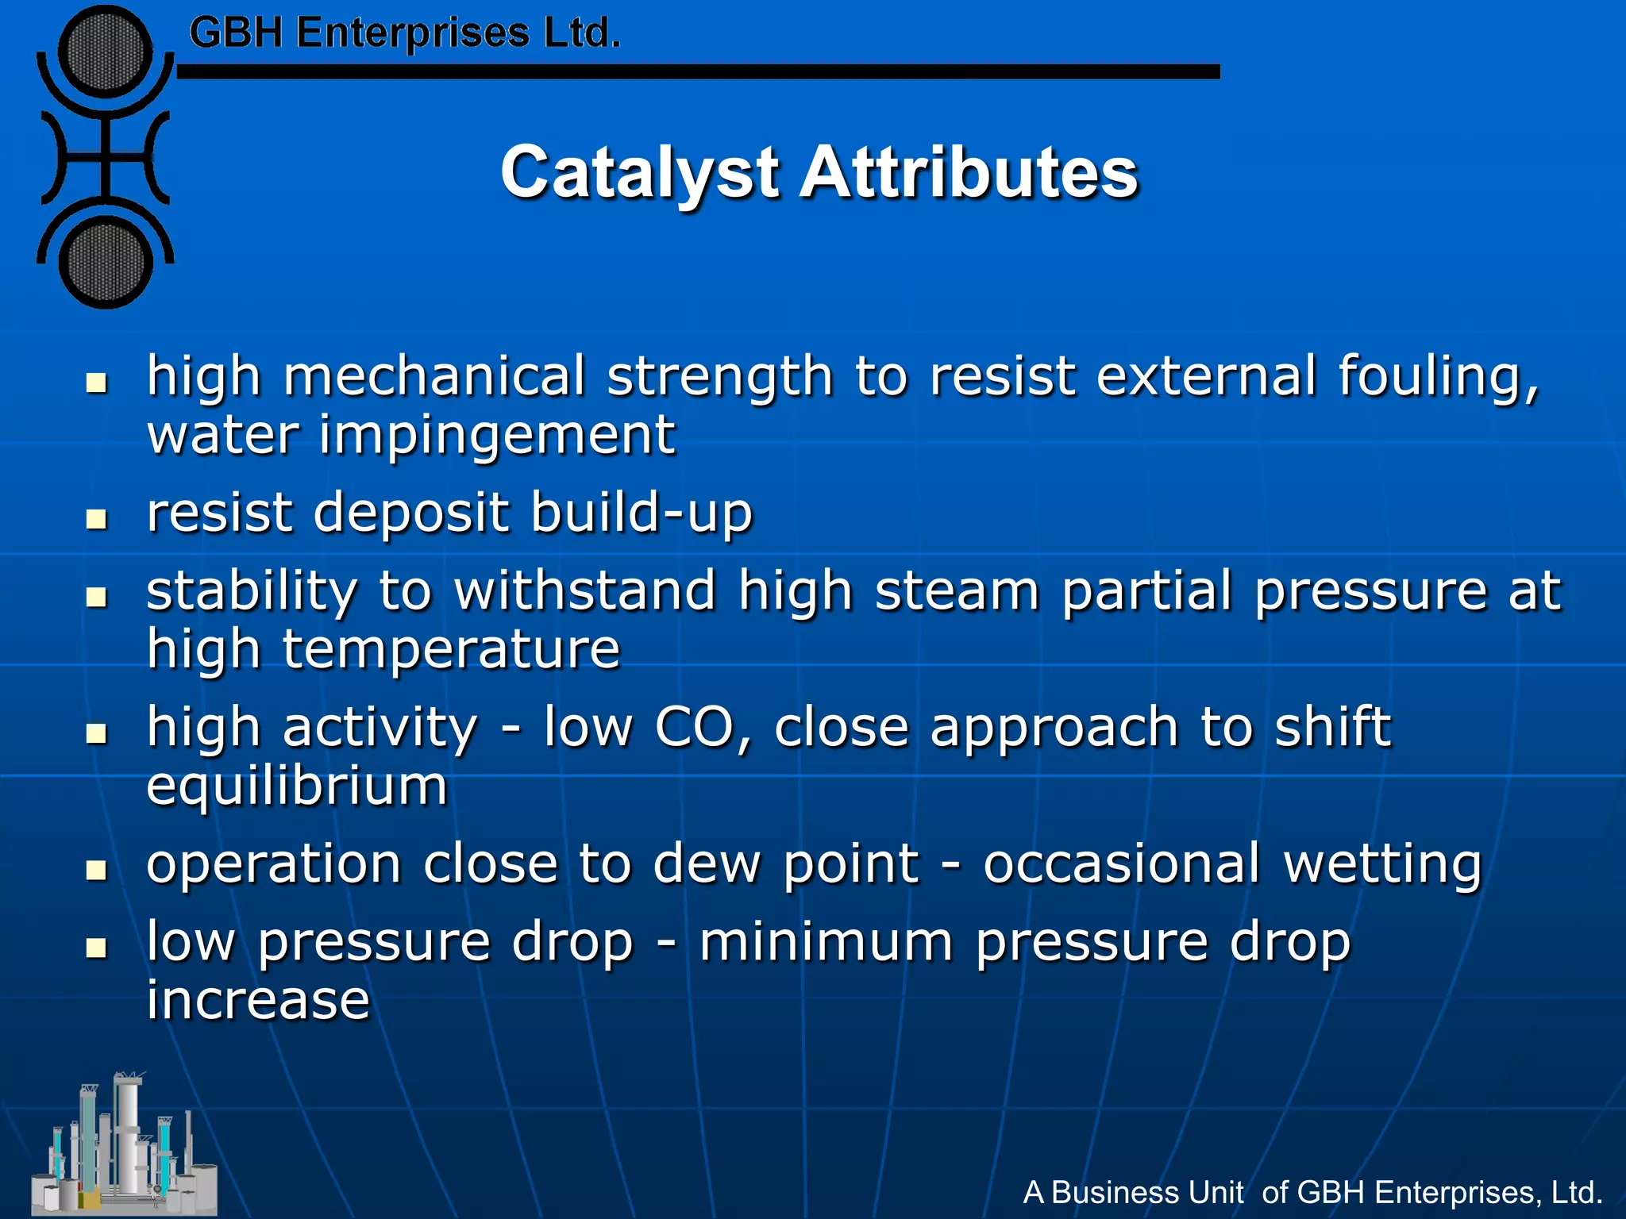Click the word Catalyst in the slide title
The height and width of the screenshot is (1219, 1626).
[639, 173]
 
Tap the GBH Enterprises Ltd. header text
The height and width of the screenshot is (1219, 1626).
[404, 34]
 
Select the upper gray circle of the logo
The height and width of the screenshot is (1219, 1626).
[106, 52]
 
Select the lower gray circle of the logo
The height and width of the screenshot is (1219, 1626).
[106, 262]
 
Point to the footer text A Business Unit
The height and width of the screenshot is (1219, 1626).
[1134, 1192]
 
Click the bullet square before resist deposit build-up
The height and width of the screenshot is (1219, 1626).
[97, 519]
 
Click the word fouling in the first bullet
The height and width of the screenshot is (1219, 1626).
[1438, 376]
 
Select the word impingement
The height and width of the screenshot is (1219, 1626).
[497, 436]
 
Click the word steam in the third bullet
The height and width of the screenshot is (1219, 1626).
[957, 591]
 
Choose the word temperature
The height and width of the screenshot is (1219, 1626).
[451, 650]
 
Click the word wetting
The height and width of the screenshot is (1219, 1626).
[1382, 864]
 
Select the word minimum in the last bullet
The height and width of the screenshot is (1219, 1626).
[826, 942]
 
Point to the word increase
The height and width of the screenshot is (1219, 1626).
[258, 1000]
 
